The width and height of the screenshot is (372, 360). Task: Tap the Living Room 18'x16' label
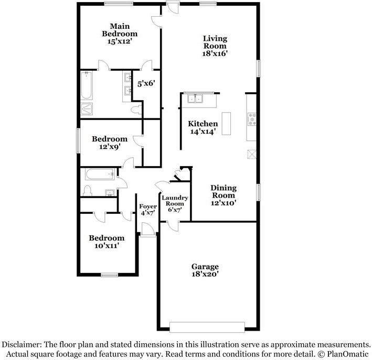click(215, 46)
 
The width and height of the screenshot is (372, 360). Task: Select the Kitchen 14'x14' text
click(203, 127)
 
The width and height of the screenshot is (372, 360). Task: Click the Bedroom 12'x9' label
click(110, 143)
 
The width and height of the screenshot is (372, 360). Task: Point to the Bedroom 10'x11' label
click(107, 242)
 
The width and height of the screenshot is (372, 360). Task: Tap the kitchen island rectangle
click(227, 124)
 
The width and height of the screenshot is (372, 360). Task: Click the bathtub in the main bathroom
click(86, 86)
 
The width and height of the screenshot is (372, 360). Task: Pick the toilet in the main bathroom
click(136, 110)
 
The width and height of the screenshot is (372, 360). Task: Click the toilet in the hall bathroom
click(88, 190)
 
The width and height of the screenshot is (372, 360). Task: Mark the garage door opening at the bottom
click(207, 327)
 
